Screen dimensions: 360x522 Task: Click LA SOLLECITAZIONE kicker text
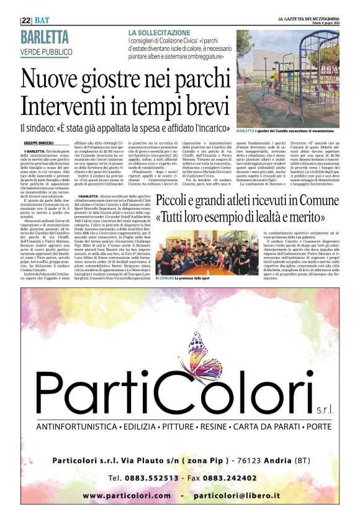(160, 32)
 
